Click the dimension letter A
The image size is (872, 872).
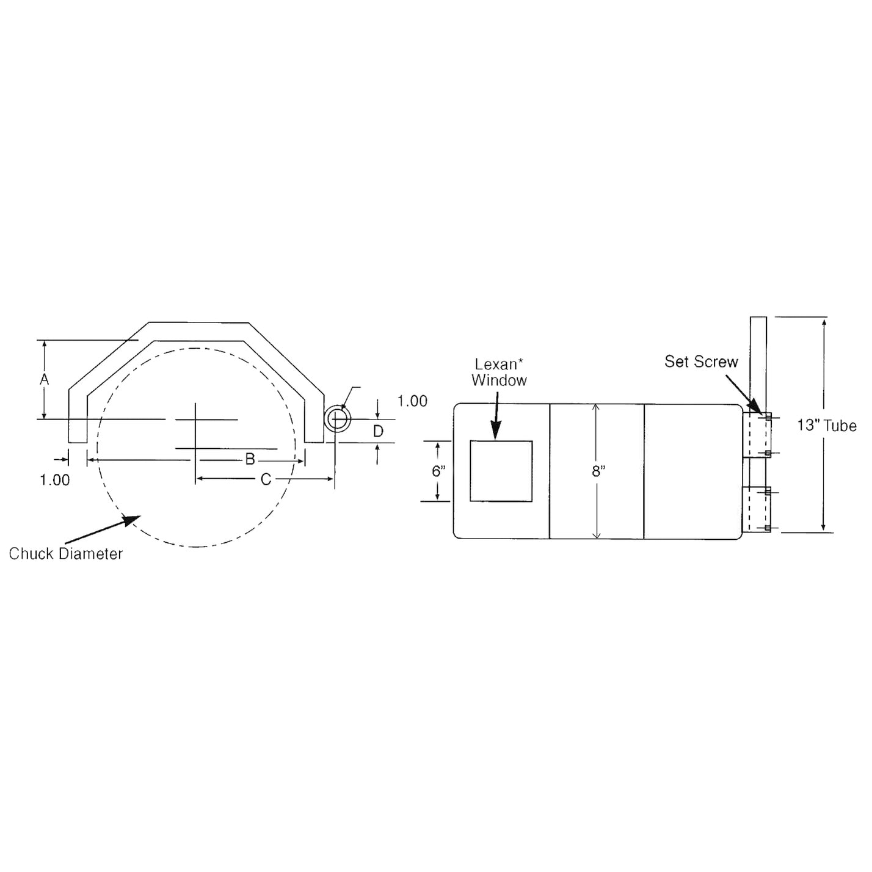coord(44,379)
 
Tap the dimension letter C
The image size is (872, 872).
coord(266,480)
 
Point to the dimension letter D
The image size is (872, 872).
coord(378,432)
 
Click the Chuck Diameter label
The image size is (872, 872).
coord(66,554)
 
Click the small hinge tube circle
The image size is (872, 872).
coord(336,420)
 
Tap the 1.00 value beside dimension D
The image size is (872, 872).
coord(412,401)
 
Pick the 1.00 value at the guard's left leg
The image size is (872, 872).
coord(55,480)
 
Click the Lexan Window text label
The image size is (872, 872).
coord(499,372)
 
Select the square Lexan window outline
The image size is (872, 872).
coord(501,471)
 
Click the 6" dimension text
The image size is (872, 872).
coord(438,471)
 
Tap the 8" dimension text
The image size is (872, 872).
coord(598,471)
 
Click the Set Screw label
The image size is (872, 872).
coord(701,362)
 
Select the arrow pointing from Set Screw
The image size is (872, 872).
coord(742,394)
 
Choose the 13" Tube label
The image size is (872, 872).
coord(826,426)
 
